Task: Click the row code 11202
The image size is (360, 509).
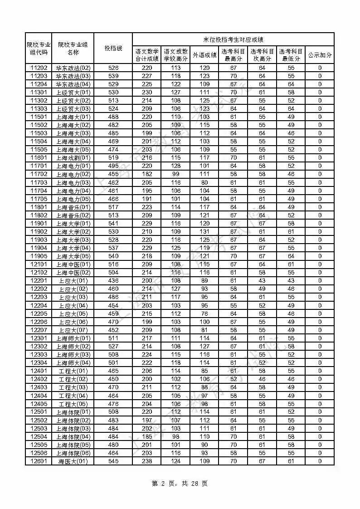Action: point(39,68)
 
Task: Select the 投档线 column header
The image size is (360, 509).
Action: point(113,48)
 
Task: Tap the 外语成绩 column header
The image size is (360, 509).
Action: point(204,55)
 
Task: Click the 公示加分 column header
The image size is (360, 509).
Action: point(320,55)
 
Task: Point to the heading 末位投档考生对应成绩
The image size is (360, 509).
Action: point(233,40)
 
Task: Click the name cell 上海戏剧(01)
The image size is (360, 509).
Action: point(73,158)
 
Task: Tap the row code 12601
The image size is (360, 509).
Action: point(39,461)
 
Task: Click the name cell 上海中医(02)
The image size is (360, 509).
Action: point(73,273)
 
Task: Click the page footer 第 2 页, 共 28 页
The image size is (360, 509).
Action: point(180,484)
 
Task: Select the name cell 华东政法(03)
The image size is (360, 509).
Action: point(73,76)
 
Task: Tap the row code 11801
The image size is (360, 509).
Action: point(39,207)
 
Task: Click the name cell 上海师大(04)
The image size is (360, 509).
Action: point(73,363)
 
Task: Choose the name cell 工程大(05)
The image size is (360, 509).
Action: point(73,404)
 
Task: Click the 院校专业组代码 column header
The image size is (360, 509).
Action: point(39,48)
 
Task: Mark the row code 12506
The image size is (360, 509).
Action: point(39,453)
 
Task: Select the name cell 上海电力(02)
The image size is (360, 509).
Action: point(73,174)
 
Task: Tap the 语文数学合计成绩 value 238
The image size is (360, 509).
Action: point(146,461)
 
